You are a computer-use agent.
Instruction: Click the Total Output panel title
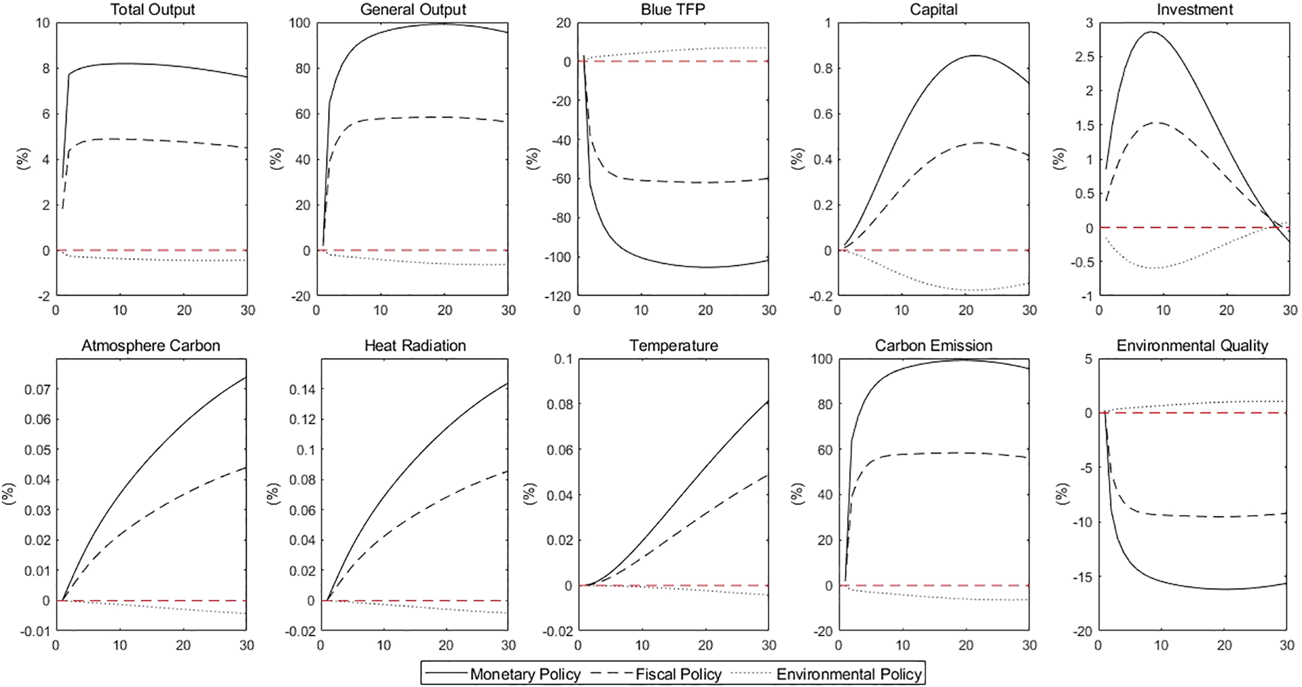152,9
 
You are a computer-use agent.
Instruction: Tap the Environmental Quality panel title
1192,346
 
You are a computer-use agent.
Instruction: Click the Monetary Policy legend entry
525,674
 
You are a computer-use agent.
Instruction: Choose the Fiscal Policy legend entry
678,674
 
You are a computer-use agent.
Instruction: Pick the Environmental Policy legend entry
849,674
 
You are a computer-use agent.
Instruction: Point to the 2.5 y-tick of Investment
1084,57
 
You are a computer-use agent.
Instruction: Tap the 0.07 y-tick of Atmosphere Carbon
37,389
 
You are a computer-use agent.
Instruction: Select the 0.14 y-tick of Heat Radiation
302,389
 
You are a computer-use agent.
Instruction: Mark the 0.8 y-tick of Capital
824,68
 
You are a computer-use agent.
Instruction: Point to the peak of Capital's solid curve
974,55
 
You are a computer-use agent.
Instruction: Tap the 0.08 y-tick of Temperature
559,404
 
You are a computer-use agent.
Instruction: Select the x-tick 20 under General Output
444,310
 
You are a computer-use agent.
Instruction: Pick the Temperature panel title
673,346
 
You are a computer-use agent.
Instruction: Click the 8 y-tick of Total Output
45,68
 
